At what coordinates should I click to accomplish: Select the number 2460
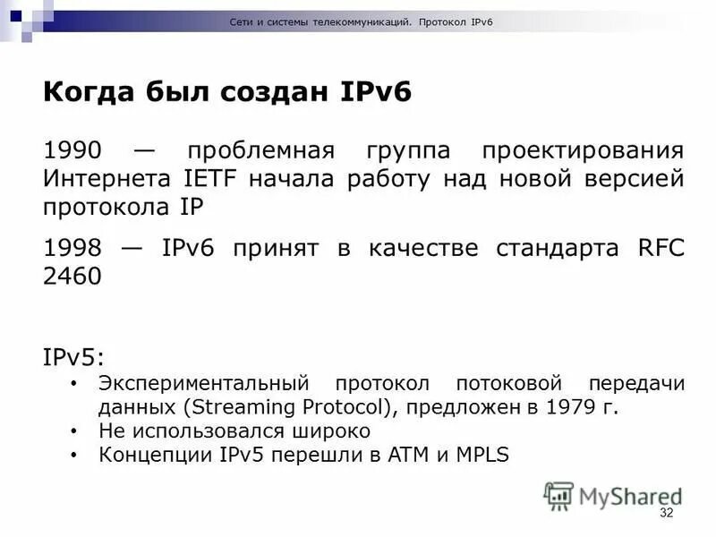72,277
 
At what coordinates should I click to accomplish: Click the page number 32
666,513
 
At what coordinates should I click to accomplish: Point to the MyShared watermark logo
612,496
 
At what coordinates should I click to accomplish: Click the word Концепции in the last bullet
153,455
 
